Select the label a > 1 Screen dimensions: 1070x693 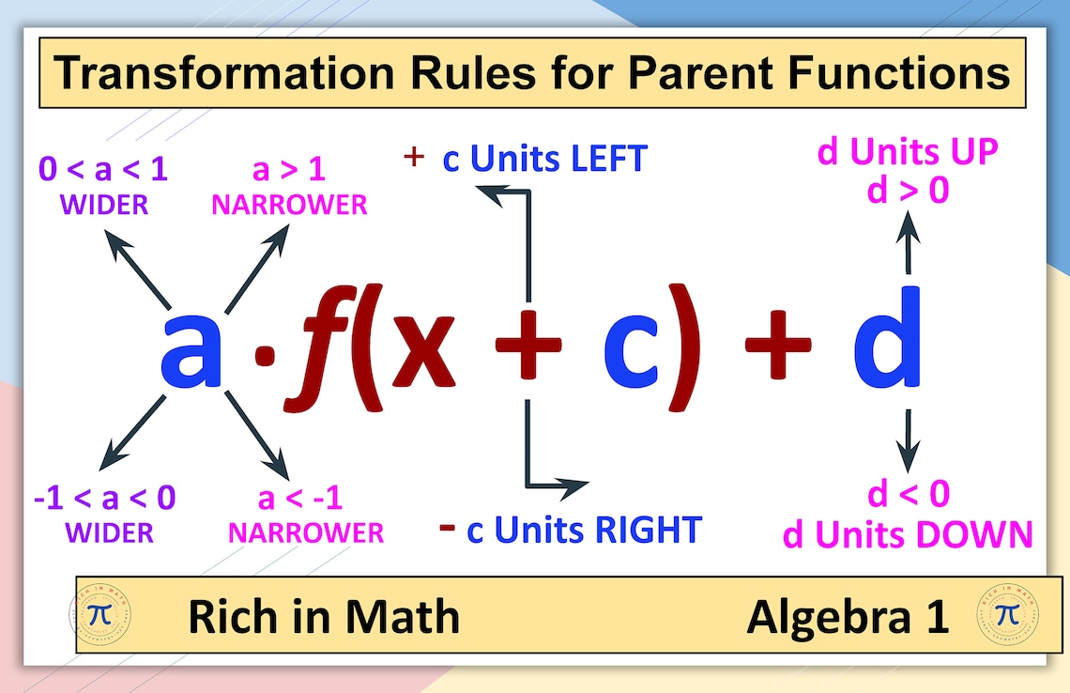coord(289,170)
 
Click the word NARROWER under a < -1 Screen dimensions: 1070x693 coord(306,533)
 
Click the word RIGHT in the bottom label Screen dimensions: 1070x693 coord(648,531)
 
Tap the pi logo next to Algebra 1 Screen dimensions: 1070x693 coord(1006,614)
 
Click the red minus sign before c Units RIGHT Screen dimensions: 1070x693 coord(448,528)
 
